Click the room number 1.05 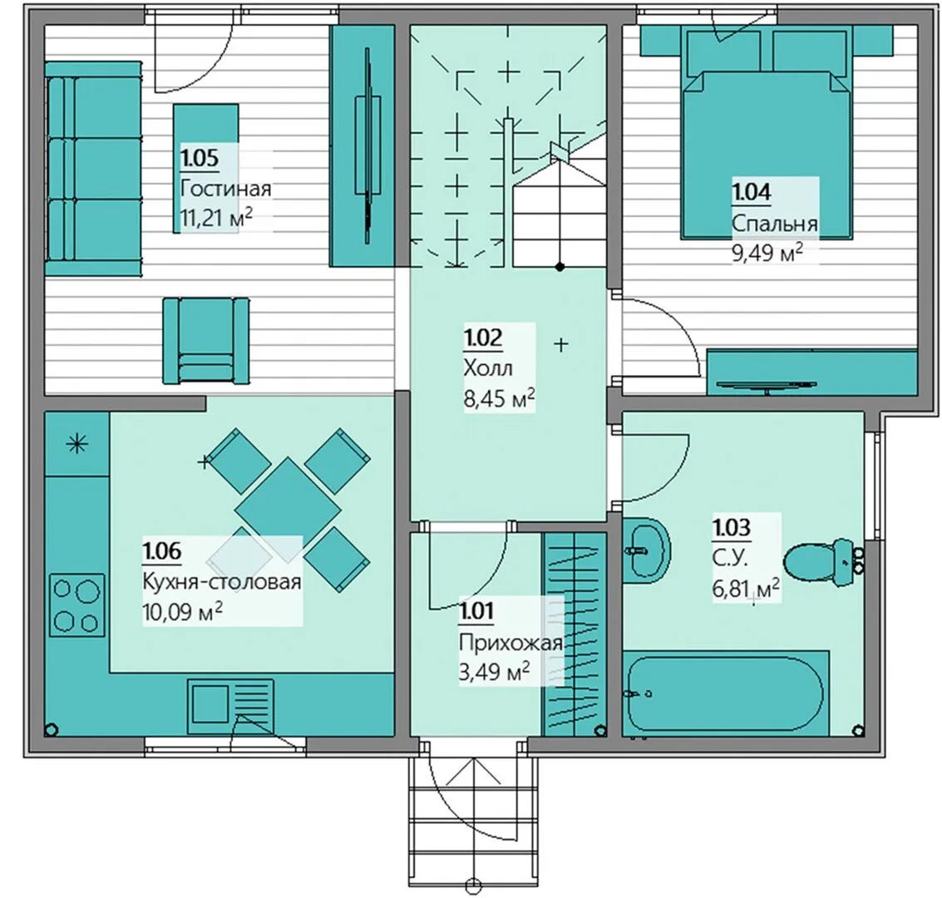coord(200,158)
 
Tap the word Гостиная coord(226,189)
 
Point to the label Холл coord(488,368)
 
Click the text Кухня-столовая coord(222,581)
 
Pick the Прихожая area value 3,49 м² coord(495,672)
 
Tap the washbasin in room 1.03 coord(646,550)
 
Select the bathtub coord(726,693)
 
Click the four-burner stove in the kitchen coord(77,605)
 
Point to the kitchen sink coord(230,707)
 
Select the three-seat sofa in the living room coord(94,169)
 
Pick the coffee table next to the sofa coord(206,168)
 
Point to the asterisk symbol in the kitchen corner coord(77,445)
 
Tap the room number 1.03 coord(732,527)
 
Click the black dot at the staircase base coord(560,267)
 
